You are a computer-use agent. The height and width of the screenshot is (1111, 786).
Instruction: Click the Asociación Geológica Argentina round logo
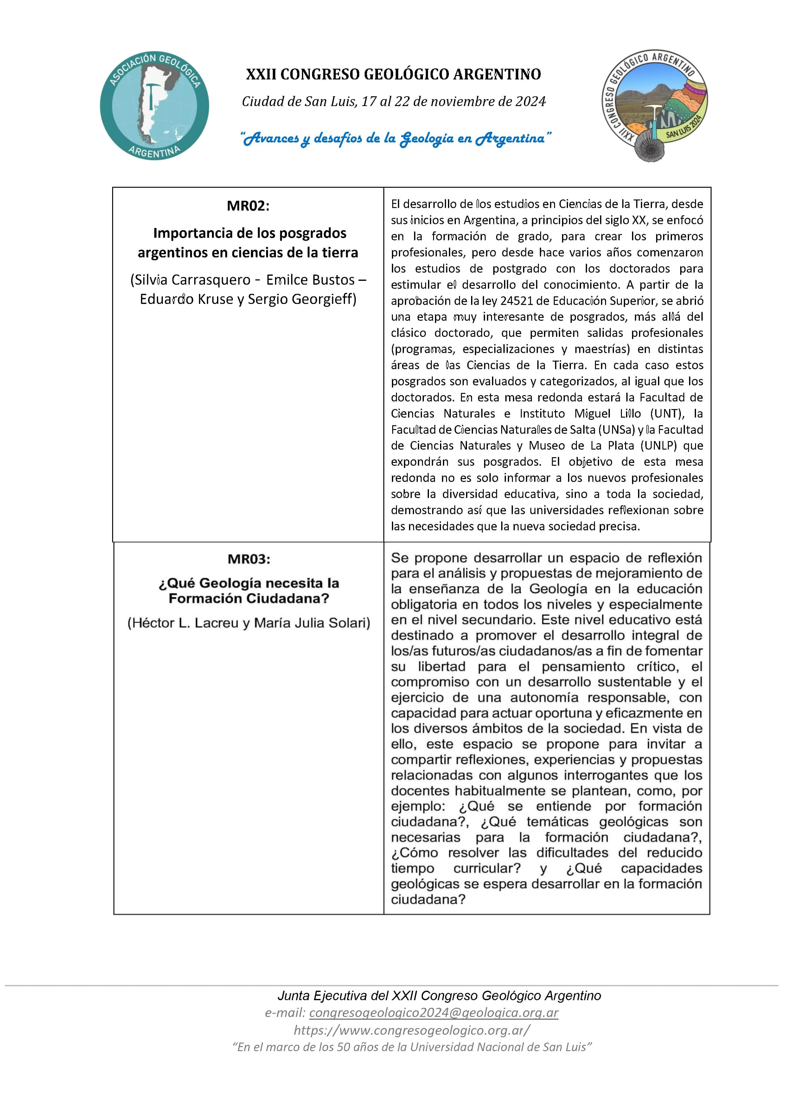point(155,105)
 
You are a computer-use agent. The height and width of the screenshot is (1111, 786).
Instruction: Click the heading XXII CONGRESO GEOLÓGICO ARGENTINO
point(393,74)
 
